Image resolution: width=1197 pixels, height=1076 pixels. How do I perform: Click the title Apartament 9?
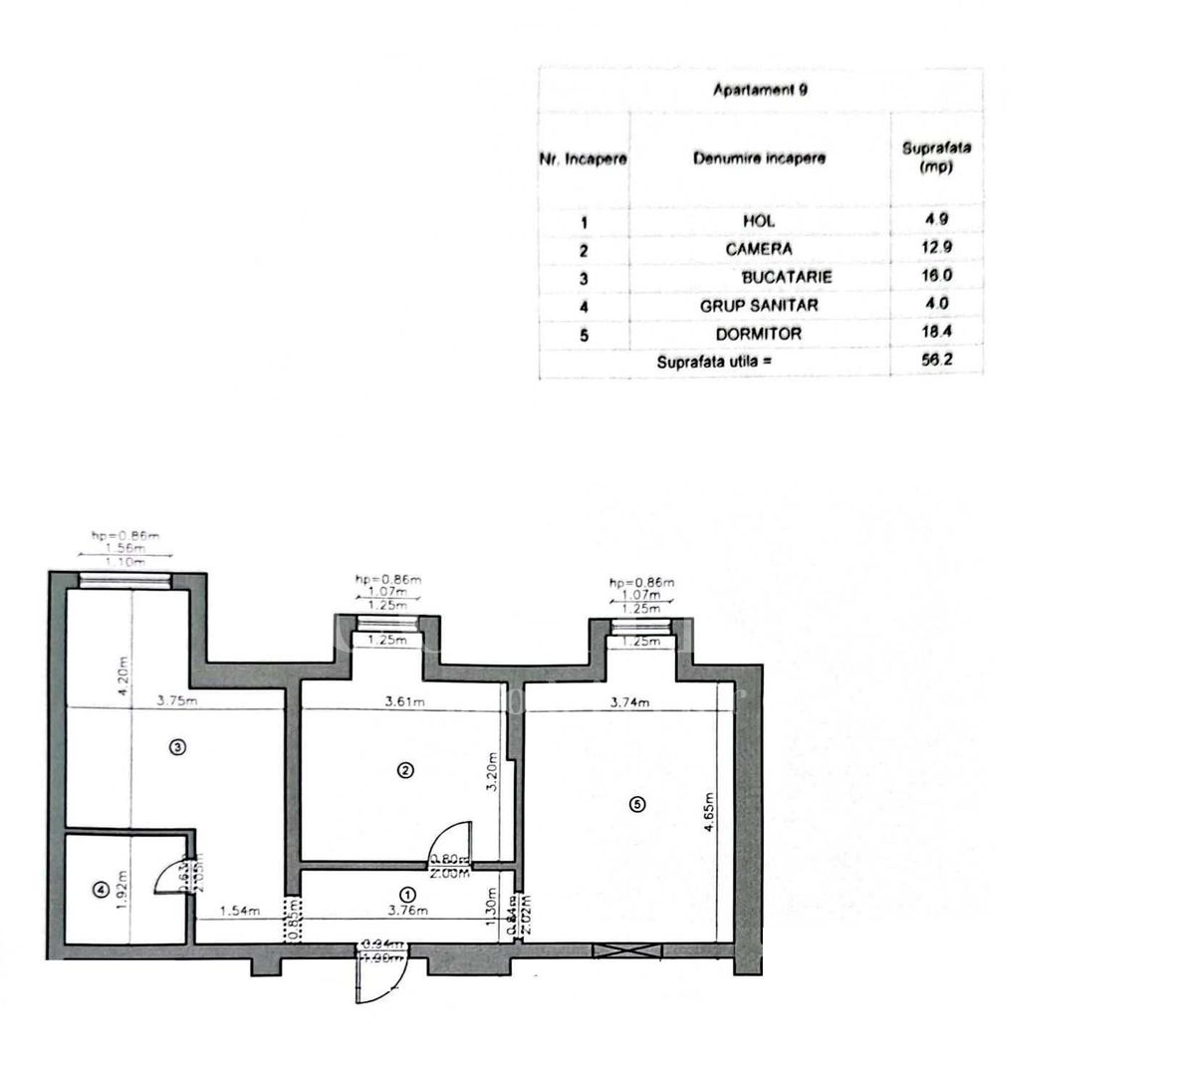[x=760, y=90]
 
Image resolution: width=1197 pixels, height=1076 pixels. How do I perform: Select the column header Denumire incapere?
[x=759, y=158]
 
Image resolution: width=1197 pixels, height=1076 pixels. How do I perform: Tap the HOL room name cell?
[x=759, y=221]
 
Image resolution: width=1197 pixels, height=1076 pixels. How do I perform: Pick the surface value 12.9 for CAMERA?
[x=935, y=248]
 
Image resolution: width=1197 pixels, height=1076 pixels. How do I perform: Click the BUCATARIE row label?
[x=786, y=277]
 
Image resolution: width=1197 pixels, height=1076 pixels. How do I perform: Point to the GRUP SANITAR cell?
[x=759, y=306]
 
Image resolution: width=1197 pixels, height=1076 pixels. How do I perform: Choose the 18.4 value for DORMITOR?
[x=935, y=333]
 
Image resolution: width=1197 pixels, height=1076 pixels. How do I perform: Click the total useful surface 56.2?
[x=935, y=361]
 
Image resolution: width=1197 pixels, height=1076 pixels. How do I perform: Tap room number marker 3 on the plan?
[x=176, y=746]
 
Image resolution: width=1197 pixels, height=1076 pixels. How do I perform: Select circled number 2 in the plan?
[x=404, y=769]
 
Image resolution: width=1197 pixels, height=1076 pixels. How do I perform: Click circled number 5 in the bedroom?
[x=637, y=804]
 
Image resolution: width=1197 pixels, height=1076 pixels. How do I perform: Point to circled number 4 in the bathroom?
[x=99, y=891]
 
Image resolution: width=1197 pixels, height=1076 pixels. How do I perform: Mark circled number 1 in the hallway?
[x=407, y=894]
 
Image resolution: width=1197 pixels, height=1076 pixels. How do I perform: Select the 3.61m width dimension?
[x=407, y=701]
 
